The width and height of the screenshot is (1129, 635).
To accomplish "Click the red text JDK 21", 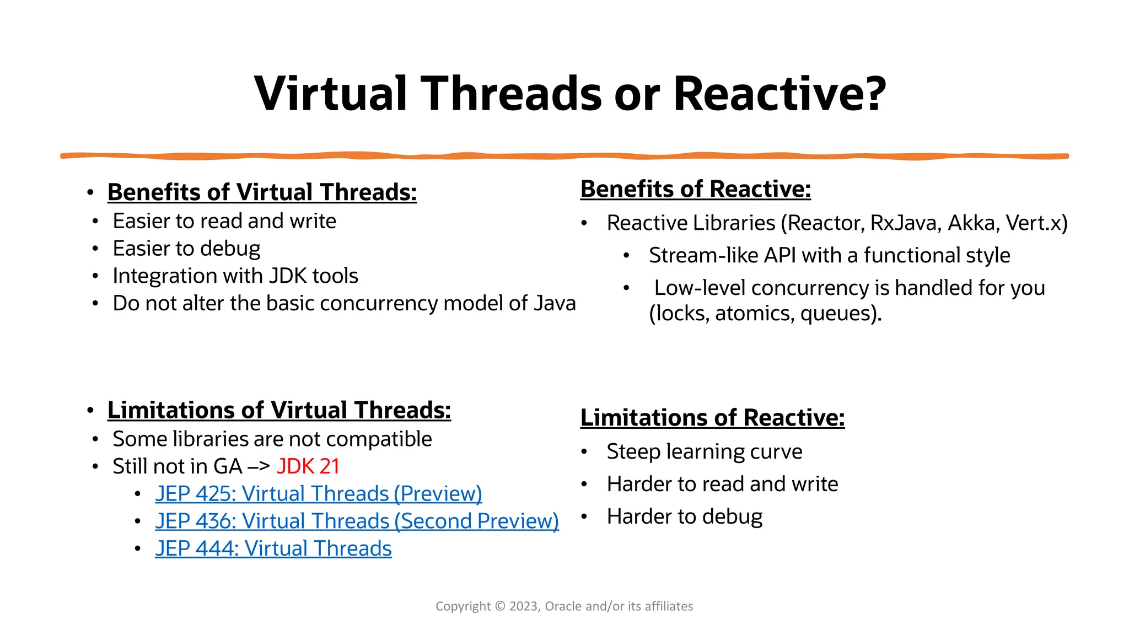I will pyautogui.click(x=308, y=466).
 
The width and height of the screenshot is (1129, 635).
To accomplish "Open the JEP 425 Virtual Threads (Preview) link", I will pyautogui.click(x=318, y=494).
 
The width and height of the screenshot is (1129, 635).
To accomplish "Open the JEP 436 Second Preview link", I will pyautogui.click(x=357, y=521).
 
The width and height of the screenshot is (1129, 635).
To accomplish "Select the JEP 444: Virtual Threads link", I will pyautogui.click(x=273, y=549).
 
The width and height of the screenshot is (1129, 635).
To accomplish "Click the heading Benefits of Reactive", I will pyautogui.click(x=695, y=189).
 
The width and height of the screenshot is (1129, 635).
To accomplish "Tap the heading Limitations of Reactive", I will pyautogui.click(x=712, y=418).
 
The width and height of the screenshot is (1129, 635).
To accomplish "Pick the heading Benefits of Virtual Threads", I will pyautogui.click(x=262, y=192).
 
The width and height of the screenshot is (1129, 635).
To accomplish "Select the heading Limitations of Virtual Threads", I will pyautogui.click(x=279, y=411).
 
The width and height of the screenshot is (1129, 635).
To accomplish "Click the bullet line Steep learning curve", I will pyautogui.click(x=704, y=452).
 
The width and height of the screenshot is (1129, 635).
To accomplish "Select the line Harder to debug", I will pyautogui.click(x=684, y=517).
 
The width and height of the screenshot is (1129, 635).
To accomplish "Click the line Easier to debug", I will pyautogui.click(x=186, y=249).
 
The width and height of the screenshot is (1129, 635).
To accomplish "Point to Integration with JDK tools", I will pyautogui.click(x=235, y=276).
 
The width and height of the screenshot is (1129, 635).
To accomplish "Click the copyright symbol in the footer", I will pyautogui.click(x=499, y=606).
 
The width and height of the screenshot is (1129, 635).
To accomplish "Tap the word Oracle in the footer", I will pyautogui.click(x=563, y=606).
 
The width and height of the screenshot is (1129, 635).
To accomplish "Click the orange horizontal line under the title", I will pyautogui.click(x=564, y=157).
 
